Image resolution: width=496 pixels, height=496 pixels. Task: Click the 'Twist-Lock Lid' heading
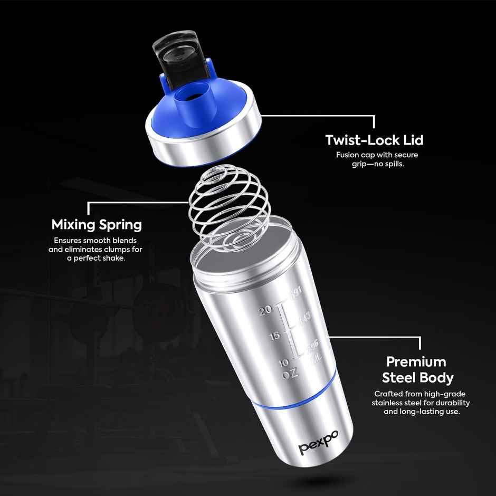coord(374,140)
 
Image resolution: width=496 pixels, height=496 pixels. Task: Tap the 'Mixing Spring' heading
coord(97,225)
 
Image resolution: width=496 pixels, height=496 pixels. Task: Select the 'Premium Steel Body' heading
coord(417,369)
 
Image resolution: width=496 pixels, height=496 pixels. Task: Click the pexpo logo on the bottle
coord(319,442)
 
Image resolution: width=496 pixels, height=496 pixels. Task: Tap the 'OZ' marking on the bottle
coord(290,374)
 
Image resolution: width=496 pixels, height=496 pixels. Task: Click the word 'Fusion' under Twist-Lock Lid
coord(348,155)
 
